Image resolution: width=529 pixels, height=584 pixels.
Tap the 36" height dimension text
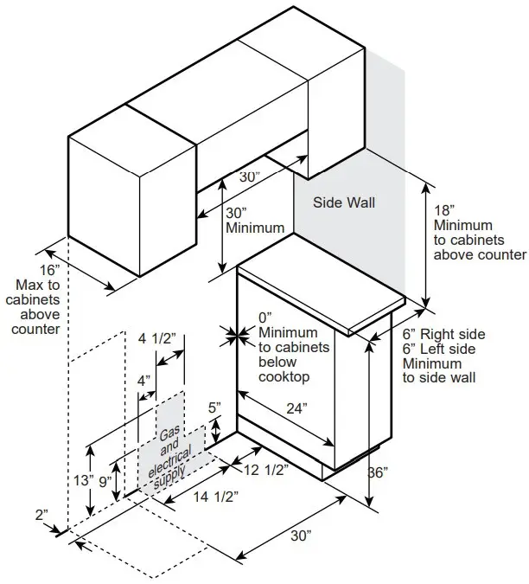376,472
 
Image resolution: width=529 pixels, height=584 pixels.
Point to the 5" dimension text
214,407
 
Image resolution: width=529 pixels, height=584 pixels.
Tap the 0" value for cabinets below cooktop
265,317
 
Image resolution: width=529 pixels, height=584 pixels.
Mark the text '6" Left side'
441,349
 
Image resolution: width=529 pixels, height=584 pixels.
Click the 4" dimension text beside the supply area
143,380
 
